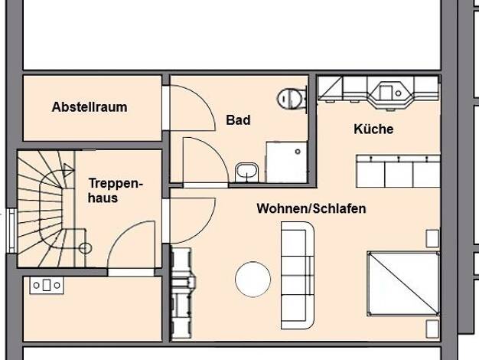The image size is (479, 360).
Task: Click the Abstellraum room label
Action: click(x=90, y=107)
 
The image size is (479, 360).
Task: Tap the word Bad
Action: click(x=238, y=119)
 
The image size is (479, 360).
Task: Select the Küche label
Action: click(x=373, y=129)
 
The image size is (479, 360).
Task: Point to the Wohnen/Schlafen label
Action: click(x=311, y=208)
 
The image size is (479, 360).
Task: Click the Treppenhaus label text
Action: click(x=116, y=190)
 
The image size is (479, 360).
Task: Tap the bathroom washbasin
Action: click(x=246, y=173)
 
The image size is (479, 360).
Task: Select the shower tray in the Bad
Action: click(x=286, y=162)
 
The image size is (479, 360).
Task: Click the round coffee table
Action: click(x=253, y=280)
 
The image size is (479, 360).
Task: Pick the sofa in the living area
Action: click(x=298, y=275)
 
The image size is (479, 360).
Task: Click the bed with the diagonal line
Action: click(x=403, y=283)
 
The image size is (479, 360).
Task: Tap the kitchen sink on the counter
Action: click(x=389, y=91)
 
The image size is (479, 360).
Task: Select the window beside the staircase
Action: click(x=11, y=231)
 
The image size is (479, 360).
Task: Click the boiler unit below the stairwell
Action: click(x=47, y=286)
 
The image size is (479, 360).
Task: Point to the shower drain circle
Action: click(x=298, y=152)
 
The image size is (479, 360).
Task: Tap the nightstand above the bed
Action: click(x=432, y=238)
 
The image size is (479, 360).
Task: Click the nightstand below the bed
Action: click(x=432, y=329)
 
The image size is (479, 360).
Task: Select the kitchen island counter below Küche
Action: click(x=398, y=172)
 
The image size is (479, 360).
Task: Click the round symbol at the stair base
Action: click(x=85, y=248)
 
